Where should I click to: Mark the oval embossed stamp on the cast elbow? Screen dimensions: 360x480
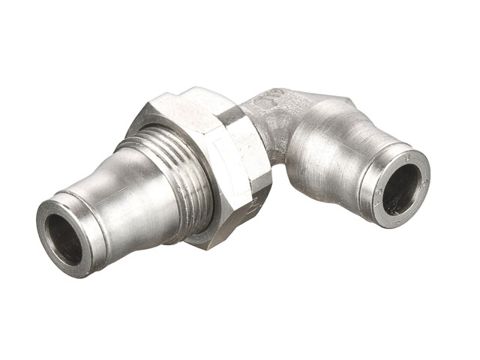click(x=269, y=97)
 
